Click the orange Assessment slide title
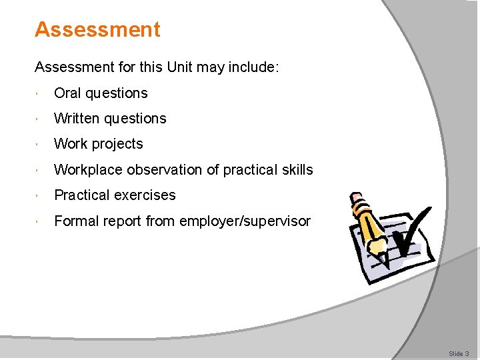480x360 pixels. click(x=97, y=29)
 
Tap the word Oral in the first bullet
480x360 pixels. click(x=67, y=93)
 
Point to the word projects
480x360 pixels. click(x=117, y=145)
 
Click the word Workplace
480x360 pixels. click(x=87, y=170)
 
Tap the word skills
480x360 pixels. click(x=295, y=170)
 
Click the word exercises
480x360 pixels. click(x=145, y=195)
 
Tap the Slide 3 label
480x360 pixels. click(x=459, y=353)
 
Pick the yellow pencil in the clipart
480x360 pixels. click(x=371, y=223)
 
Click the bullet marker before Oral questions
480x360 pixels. click(x=41, y=93)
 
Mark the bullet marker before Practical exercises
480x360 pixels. click(x=41, y=195)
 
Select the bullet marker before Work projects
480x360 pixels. click(x=41, y=144)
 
